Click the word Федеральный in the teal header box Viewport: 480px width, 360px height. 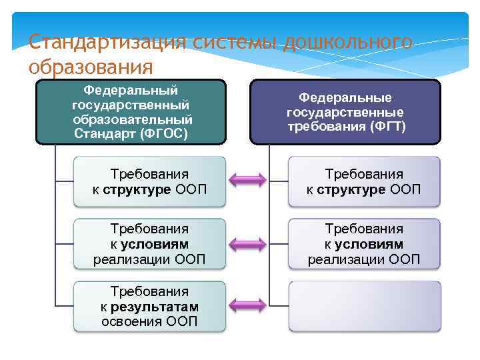131,90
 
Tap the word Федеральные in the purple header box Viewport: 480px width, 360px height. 345,97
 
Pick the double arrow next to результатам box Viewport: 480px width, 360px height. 247,305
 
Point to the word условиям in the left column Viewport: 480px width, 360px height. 155,244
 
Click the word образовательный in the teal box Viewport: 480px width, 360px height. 133,119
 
